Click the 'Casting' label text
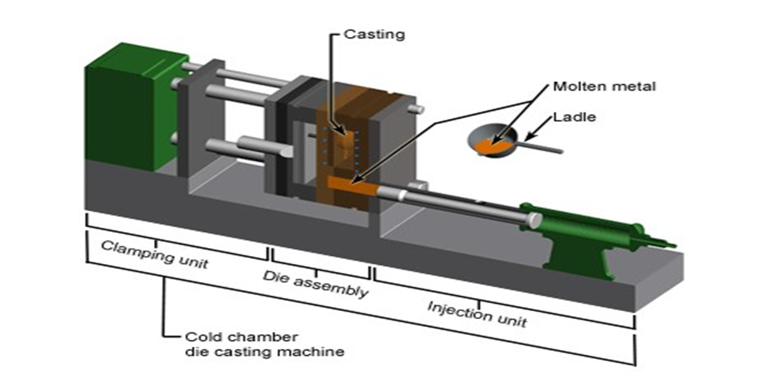375,34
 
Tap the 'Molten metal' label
604,86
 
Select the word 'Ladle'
574,117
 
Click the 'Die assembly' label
316,284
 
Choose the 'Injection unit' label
478,314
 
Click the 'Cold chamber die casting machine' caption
264,344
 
